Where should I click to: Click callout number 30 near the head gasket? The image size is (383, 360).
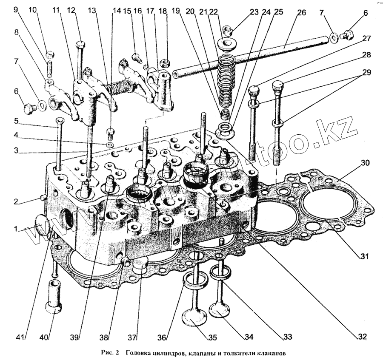[x=365, y=163]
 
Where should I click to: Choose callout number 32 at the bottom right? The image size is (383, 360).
[x=362, y=337]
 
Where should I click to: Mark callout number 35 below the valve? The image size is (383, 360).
[x=212, y=337]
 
